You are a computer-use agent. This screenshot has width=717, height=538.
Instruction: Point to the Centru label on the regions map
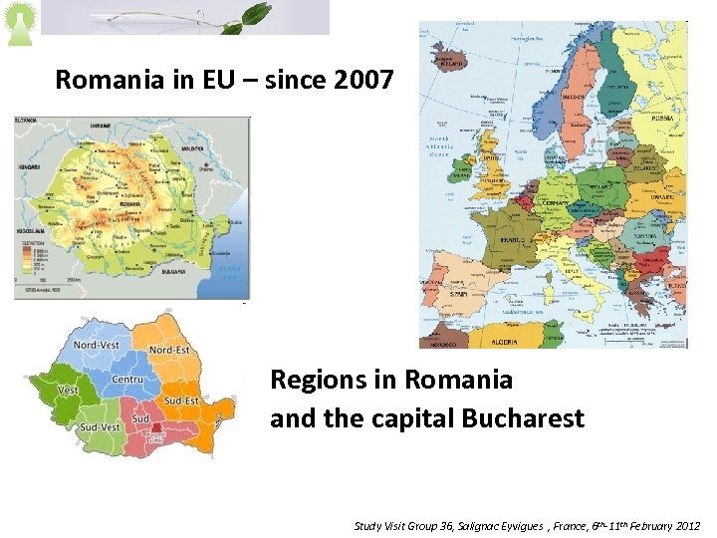click(x=127, y=380)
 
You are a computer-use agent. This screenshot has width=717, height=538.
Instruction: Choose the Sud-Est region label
click(x=182, y=401)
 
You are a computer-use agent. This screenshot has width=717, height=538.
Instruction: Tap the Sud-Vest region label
click(x=99, y=426)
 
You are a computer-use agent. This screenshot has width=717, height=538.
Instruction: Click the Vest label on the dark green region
click(x=68, y=390)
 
